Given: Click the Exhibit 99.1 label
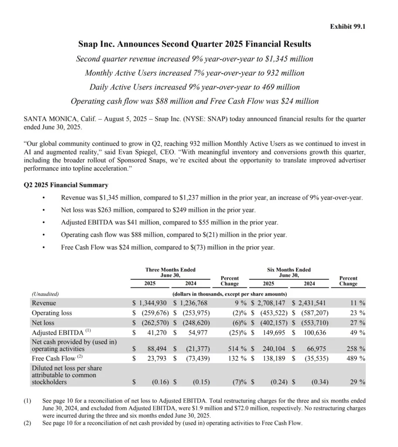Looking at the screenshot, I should [347, 27].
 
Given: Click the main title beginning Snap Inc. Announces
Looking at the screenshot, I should [195, 44].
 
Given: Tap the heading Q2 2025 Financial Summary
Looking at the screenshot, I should [66, 185].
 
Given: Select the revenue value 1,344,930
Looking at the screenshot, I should [152, 303].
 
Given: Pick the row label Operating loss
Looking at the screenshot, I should [51, 313].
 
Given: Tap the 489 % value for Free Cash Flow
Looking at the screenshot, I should [353, 359].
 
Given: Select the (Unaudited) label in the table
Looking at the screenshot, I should [45, 294].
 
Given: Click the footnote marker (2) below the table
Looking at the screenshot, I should [27, 423].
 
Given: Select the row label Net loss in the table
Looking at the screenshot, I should [43, 323].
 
